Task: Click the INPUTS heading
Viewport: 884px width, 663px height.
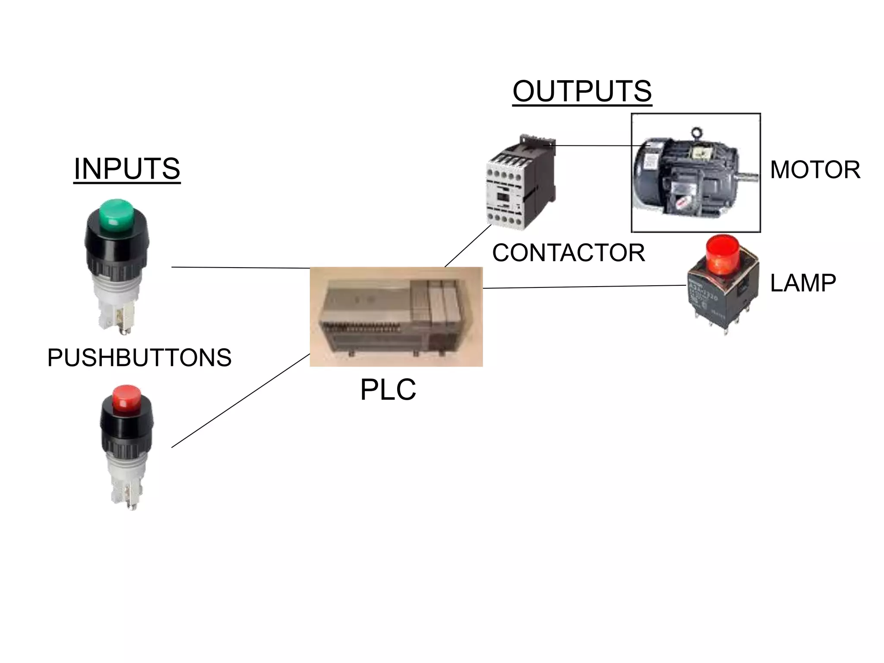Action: (127, 169)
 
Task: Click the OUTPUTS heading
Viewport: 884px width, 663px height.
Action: (582, 91)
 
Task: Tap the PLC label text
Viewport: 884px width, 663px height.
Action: (388, 389)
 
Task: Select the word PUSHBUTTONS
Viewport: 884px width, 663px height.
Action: (139, 357)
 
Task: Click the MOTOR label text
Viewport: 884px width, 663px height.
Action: (815, 170)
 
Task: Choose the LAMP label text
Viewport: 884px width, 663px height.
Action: (803, 283)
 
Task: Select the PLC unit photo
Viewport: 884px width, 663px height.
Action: (396, 317)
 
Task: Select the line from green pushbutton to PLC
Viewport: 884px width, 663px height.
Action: (240, 268)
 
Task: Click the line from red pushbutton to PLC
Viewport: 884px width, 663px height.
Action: (240, 401)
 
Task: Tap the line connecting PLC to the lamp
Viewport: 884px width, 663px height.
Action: (584, 287)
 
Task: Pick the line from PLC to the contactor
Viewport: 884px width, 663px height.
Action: (468, 246)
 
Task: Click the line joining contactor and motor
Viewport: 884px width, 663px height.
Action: (600, 145)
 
